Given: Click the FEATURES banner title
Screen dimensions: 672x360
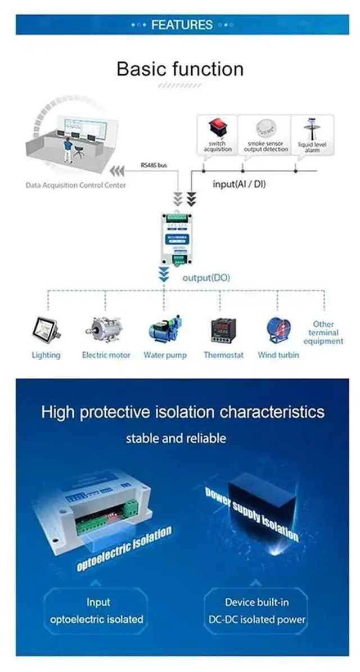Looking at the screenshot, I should pos(181,25).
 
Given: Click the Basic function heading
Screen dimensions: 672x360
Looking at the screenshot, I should pos(180,69).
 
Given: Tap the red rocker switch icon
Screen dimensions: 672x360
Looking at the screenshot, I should pos(217,127).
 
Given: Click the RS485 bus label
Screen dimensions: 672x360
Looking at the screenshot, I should pos(154,166).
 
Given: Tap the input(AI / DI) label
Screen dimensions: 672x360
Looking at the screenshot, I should pos(239,184).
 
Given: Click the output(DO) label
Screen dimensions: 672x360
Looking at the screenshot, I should pos(206,278).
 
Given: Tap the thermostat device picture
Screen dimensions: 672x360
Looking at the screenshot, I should pos(223,331).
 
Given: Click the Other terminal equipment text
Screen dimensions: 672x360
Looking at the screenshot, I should pos(323,332).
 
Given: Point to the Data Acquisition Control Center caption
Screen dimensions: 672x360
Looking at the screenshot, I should pos(75,185).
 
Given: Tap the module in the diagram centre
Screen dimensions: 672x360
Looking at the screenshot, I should pos(179,238).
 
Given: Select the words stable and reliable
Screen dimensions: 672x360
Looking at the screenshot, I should pos(176,438).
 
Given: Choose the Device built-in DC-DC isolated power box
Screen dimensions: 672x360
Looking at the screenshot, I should pos(256,611).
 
